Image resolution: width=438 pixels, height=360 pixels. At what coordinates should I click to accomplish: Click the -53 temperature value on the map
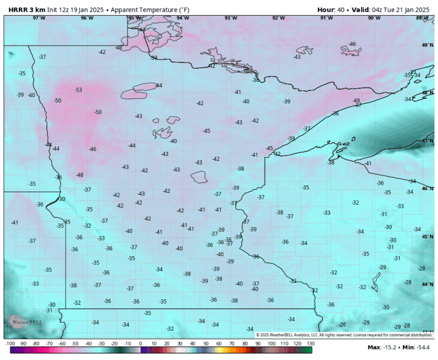click(x=78, y=90)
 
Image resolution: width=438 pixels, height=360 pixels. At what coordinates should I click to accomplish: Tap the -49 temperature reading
click(x=356, y=100)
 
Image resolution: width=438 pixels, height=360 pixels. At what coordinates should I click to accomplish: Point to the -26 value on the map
click(x=342, y=324)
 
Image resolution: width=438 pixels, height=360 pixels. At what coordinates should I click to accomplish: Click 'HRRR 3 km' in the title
click(x=27, y=10)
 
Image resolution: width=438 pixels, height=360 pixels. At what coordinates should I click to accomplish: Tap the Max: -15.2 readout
click(x=382, y=347)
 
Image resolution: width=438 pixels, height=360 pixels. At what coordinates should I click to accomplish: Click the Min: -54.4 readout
click(x=417, y=347)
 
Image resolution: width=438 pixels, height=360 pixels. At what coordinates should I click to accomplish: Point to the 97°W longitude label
click(x=39, y=18)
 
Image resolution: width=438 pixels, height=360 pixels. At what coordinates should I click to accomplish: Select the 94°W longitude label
click(x=183, y=18)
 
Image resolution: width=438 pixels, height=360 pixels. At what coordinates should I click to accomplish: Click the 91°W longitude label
click(x=326, y=18)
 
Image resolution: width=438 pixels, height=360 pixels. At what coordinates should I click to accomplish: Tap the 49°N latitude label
click(x=427, y=46)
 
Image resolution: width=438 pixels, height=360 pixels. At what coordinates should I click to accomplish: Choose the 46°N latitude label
click(x=427, y=188)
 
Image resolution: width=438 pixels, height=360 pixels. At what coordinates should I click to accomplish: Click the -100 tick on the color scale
click(x=10, y=344)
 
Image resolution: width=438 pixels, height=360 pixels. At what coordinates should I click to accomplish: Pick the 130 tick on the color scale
click(x=310, y=344)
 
